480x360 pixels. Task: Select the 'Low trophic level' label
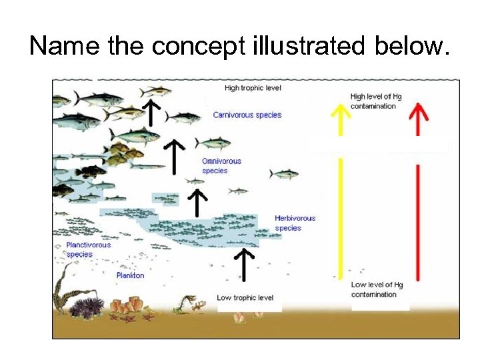pos(245,297)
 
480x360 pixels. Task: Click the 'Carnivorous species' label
pos(247,115)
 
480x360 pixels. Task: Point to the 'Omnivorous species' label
pos(221,165)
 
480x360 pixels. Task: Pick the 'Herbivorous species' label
pos(295,223)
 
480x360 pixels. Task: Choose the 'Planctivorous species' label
pos(88,249)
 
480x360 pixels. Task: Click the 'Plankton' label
pos(130,275)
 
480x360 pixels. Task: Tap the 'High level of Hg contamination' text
pos(376,101)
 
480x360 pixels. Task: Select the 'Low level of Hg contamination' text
pos(377,289)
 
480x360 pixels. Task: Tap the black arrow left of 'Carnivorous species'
pos(152,112)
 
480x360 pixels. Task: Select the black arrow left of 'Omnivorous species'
pos(175,156)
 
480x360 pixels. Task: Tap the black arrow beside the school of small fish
pos(197,203)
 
